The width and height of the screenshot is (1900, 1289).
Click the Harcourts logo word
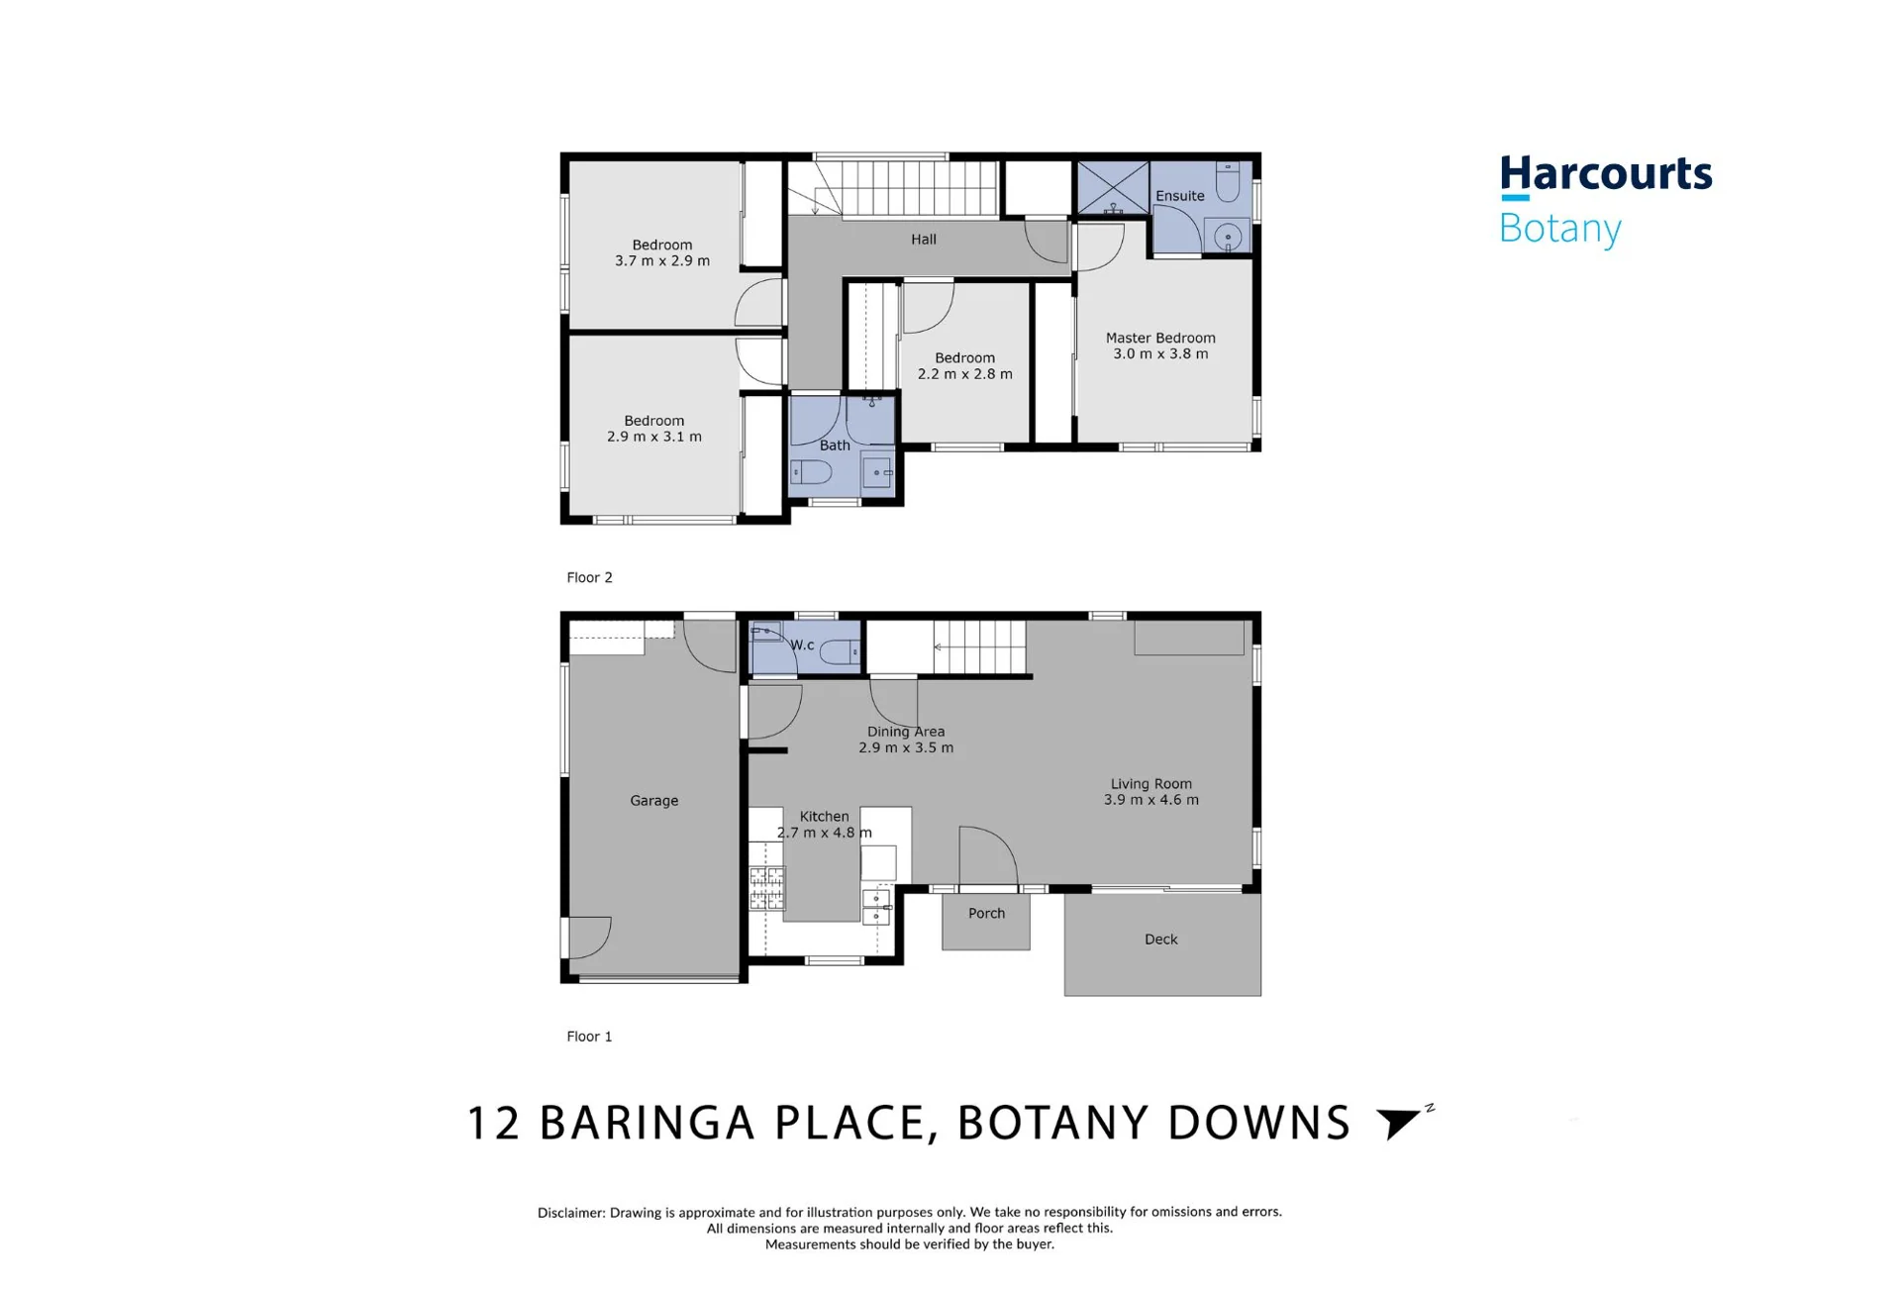[x=1605, y=174]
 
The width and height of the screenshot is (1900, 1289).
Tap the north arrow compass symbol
[x=1400, y=1123]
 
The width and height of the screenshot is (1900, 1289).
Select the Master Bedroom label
[x=1160, y=338]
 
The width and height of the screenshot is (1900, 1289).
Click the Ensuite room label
[x=1180, y=196]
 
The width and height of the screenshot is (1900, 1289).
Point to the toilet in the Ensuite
[x=1228, y=182]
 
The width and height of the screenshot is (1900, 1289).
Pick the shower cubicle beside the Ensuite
[x=1113, y=188]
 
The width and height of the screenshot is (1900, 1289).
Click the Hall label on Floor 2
[x=924, y=240]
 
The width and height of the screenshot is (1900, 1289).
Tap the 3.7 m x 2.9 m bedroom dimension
[x=662, y=261]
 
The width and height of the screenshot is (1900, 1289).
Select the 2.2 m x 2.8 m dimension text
[x=965, y=374]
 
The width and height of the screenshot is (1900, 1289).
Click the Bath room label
[x=835, y=446]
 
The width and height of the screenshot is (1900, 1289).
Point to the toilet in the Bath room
[x=811, y=472]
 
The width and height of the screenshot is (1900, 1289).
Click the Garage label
[x=654, y=801]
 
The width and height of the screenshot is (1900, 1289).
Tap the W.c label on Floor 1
[x=802, y=645]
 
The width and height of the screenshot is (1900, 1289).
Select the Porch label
[x=986, y=914]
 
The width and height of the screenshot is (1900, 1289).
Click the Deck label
[x=1161, y=940]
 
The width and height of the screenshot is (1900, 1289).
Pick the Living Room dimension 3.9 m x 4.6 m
[x=1151, y=800]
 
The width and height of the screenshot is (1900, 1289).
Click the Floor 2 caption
[x=589, y=577]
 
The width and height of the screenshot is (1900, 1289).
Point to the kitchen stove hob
[x=766, y=887]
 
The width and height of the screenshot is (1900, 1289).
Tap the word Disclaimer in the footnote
[x=570, y=1212]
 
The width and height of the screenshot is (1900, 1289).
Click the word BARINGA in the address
[x=648, y=1124]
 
